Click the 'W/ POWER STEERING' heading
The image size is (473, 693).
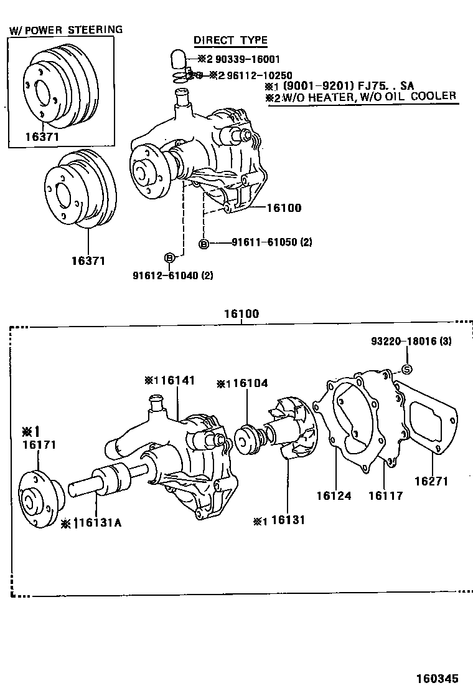(65, 29)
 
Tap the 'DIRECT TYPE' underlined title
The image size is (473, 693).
(230, 41)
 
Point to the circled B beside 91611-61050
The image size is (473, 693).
(203, 243)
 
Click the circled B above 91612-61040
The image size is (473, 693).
(168, 257)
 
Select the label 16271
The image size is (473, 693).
(432, 481)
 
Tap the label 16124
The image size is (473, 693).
(333, 496)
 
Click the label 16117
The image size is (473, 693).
(385, 496)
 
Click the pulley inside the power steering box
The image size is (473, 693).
(59, 87)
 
